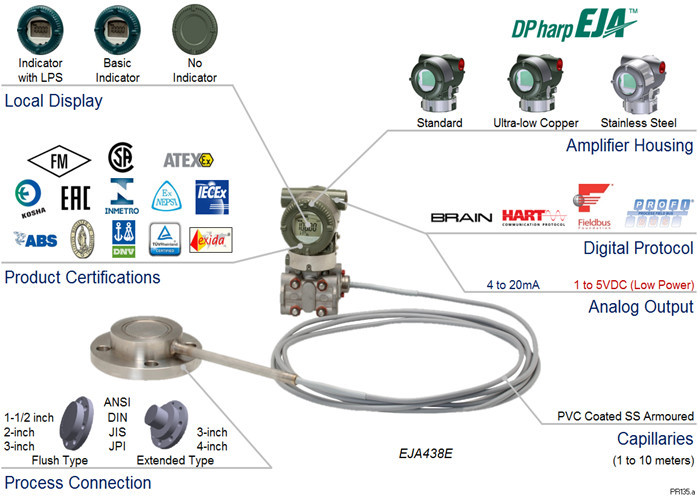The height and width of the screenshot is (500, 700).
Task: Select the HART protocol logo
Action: tap(534, 216)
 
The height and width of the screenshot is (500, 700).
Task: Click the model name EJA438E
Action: tap(423, 452)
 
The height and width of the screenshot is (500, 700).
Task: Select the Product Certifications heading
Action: tap(82, 276)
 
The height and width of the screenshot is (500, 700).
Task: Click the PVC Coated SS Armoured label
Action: tap(625, 416)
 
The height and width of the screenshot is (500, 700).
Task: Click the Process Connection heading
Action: tap(77, 483)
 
